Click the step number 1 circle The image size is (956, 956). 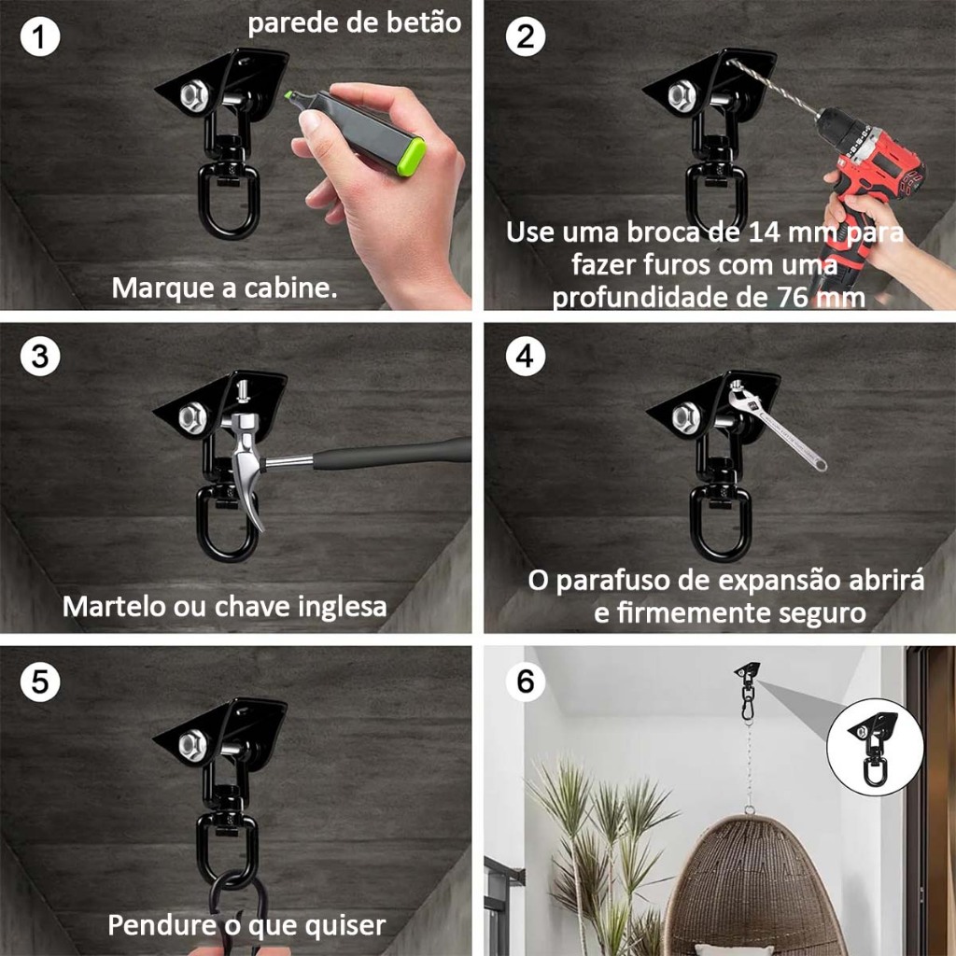click(39, 36)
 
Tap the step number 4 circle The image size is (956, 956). click(525, 356)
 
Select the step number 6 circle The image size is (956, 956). click(525, 681)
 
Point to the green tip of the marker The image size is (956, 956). click(291, 96)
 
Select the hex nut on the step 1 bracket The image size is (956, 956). click(194, 94)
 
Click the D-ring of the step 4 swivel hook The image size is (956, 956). click(720, 525)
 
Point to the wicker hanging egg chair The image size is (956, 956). click(753, 887)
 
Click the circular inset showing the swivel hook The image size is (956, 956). click(876, 747)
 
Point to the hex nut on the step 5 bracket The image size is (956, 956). click(193, 743)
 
